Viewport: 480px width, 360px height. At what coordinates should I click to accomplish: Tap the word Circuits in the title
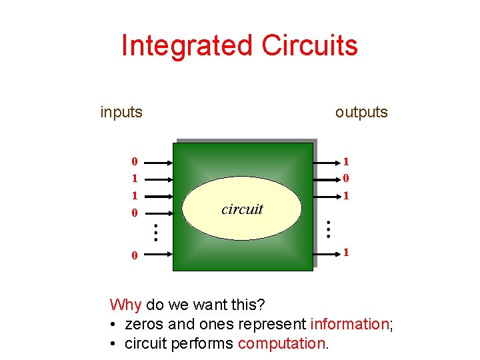310,45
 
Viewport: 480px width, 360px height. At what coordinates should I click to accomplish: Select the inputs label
121,112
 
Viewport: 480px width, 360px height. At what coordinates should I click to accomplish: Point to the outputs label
361,112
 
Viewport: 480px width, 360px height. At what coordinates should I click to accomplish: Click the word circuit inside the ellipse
242,209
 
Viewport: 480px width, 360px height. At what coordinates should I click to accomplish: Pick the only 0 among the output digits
347,178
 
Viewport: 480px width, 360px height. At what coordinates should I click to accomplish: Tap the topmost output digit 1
347,161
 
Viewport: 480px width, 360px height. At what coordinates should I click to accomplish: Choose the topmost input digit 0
135,161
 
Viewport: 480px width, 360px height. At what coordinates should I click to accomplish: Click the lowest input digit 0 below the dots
135,255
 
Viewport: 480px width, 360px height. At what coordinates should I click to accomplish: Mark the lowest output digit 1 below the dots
347,252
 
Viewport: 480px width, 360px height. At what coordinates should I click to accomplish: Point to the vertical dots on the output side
328,229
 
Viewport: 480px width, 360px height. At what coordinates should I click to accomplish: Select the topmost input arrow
158,161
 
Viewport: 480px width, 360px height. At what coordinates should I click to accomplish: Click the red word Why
125,305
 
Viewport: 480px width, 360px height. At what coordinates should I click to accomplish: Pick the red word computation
281,344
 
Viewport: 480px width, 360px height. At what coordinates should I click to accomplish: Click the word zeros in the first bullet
145,325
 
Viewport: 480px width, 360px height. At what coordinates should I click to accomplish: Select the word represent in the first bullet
275,325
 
